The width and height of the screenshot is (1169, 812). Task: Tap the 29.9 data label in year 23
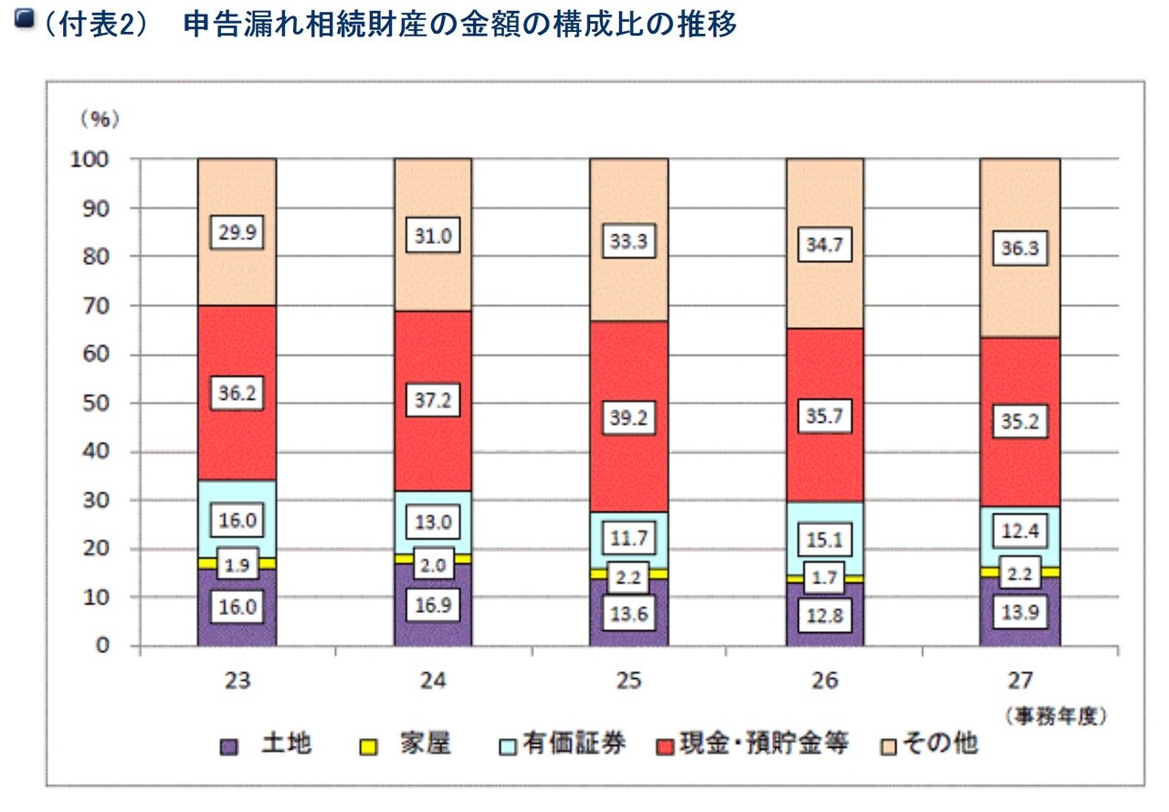tap(237, 234)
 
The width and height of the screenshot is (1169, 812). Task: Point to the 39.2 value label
tap(629, 417)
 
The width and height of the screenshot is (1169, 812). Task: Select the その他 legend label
tap(940, 744)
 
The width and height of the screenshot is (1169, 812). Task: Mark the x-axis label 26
tap(825, 680)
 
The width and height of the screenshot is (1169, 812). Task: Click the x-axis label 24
tap(432, 680)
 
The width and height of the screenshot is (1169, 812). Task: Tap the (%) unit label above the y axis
tap(100, 118)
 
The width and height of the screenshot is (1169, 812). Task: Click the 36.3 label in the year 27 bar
tap(1020, 248)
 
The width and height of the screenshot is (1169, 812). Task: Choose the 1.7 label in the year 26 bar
tap(826, 577)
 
